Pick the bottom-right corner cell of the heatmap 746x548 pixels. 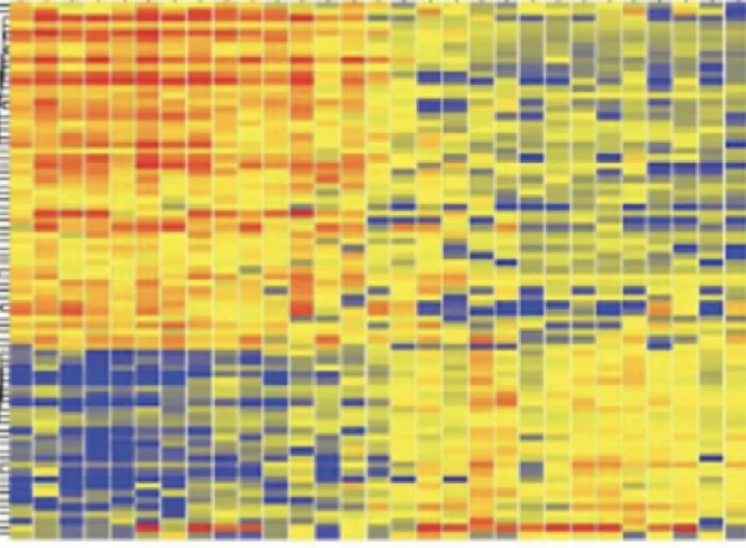point(736,532)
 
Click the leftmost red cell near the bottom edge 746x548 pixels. point(147,528)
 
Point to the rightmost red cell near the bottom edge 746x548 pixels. point(685,529)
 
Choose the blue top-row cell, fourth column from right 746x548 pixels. point(660,13)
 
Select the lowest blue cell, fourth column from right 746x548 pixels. point(660,342)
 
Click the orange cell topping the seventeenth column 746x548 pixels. point(430,12)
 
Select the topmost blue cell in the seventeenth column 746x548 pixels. point(430,77)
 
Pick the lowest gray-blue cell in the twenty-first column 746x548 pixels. point(532,470)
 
